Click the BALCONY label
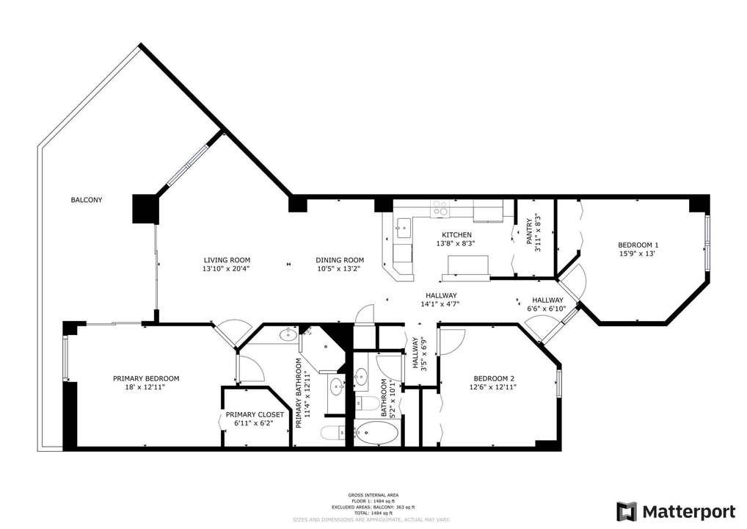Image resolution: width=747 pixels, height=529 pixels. [86, 200]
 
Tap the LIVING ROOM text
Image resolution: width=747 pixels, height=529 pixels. [227, 260]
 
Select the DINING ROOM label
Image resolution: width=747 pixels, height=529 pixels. [340, 260]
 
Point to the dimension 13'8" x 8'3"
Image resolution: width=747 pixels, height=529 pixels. [456, 243]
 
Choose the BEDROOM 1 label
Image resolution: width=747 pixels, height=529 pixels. [638, 245]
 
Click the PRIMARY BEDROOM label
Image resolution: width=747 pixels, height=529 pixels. [145, 378]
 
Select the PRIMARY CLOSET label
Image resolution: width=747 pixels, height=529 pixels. [254, 414]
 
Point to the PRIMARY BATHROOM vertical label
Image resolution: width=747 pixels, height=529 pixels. [299, 393]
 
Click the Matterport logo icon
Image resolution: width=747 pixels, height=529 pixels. [626, 511]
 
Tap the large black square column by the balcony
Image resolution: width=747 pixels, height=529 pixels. [145, 209]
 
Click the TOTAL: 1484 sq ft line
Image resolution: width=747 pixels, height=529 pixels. [373, 513]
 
